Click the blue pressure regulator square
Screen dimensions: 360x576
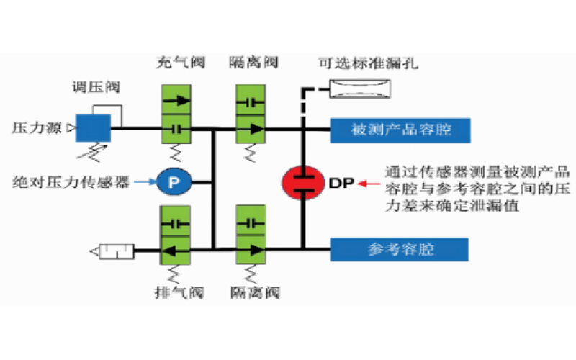[94, 128]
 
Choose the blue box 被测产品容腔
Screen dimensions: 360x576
[400, 130]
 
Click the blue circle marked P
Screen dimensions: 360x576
[173, 183]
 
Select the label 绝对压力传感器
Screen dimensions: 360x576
[76, 183]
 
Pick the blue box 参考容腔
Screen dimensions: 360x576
[400, 249]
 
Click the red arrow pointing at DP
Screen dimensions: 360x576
[372, 183]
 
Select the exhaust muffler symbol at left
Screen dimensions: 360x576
[112, 251]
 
